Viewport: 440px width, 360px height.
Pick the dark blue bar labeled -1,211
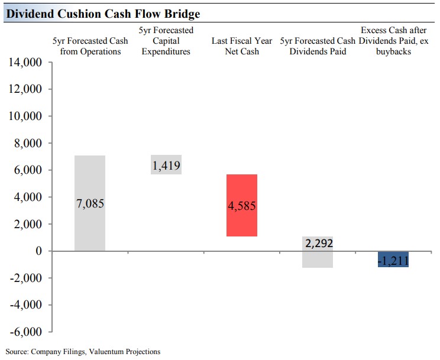[x=393, y=259]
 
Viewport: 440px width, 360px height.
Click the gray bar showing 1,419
[x=166, y=165]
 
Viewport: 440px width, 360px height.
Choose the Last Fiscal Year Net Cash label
[x=241, y=46]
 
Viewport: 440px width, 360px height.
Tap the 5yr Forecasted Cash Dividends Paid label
[x=318, y=46]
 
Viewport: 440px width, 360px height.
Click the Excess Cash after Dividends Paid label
[x=393, y=41]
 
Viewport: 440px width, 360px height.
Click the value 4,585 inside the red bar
[x=241, y=206]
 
